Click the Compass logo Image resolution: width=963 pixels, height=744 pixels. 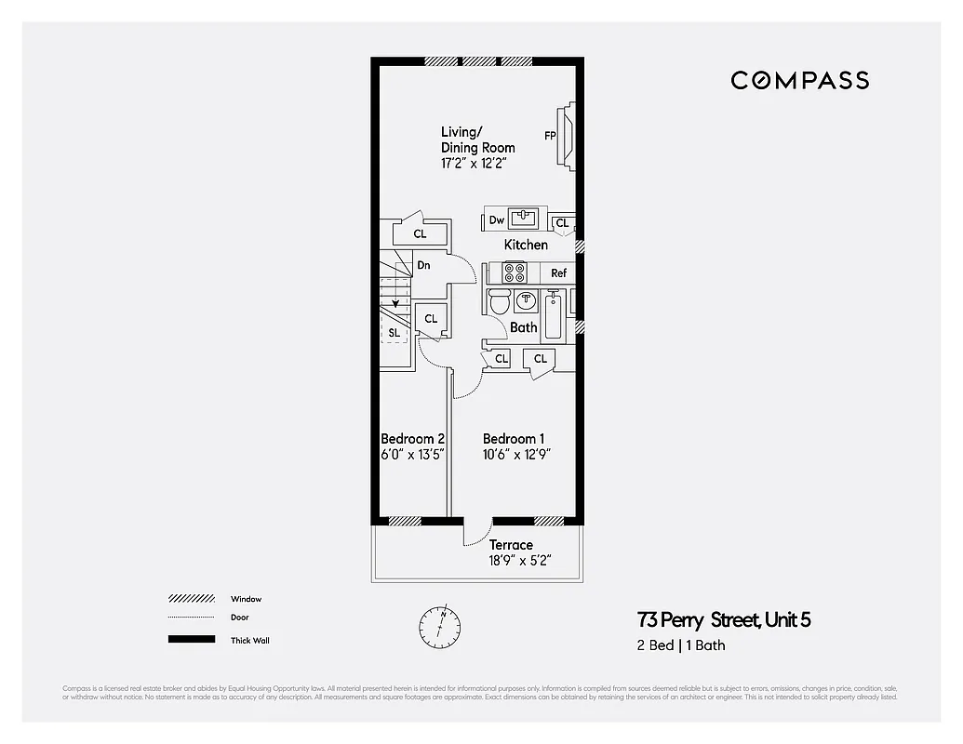(x=799, y=80)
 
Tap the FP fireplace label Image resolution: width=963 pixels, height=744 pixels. (x=550, y=136)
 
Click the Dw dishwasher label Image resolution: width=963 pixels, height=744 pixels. (x=497, y=220)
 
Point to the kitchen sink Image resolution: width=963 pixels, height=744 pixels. (x=524, y=219)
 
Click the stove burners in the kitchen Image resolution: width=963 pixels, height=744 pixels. (x=514, y=272)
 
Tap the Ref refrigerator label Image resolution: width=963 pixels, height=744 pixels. (x=558, y=273)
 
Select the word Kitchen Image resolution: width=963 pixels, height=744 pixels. (x=526, y=245)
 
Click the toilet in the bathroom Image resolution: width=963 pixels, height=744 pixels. (x=499, y=302)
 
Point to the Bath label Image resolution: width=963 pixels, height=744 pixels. (x=523, y=327)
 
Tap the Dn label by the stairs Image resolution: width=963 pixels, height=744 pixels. (x=423, y=265)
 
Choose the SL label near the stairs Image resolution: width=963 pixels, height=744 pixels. (x=395, y=332)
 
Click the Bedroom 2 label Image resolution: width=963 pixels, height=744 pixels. (x=412, y=439)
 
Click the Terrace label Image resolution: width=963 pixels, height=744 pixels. (x=511, y=545)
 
